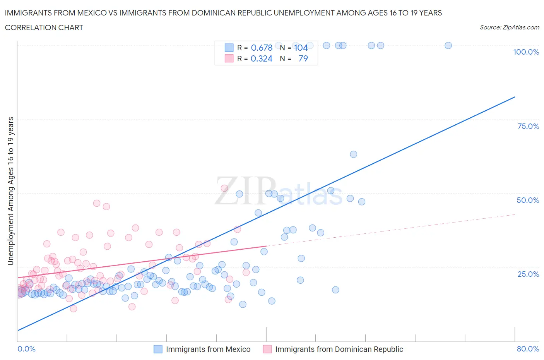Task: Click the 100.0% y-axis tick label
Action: (x=526, y=52)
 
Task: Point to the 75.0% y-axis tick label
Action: (x=528, y=126)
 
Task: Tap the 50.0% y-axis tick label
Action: (x=528, y=200)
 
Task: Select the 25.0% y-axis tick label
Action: (x=528, y=274)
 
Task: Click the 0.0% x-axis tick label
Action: (x=26, y=349)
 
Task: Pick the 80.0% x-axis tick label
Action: (x=528, y=349)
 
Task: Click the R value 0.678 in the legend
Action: (x=262, y=48)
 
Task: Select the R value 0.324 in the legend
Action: (x=262, y=58)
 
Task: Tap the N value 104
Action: (x=301, y=48)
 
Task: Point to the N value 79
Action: (x=303, y=58)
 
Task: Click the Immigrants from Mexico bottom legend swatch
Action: (x=158, y=349)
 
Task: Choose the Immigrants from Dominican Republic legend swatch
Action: (x=267, y=349)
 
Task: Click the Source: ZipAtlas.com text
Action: (x=509, y=27)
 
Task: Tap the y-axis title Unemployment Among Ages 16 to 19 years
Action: (x=10, y=191)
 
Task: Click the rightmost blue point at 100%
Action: (x=448, y=45)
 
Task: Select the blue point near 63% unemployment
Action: (x=353, y=154)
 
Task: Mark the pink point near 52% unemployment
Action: (x=224, y=188)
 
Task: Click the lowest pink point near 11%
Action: (x=73, y=309)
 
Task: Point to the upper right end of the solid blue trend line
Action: (x=515, y=97)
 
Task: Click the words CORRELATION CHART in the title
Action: (x=44, y=27)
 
